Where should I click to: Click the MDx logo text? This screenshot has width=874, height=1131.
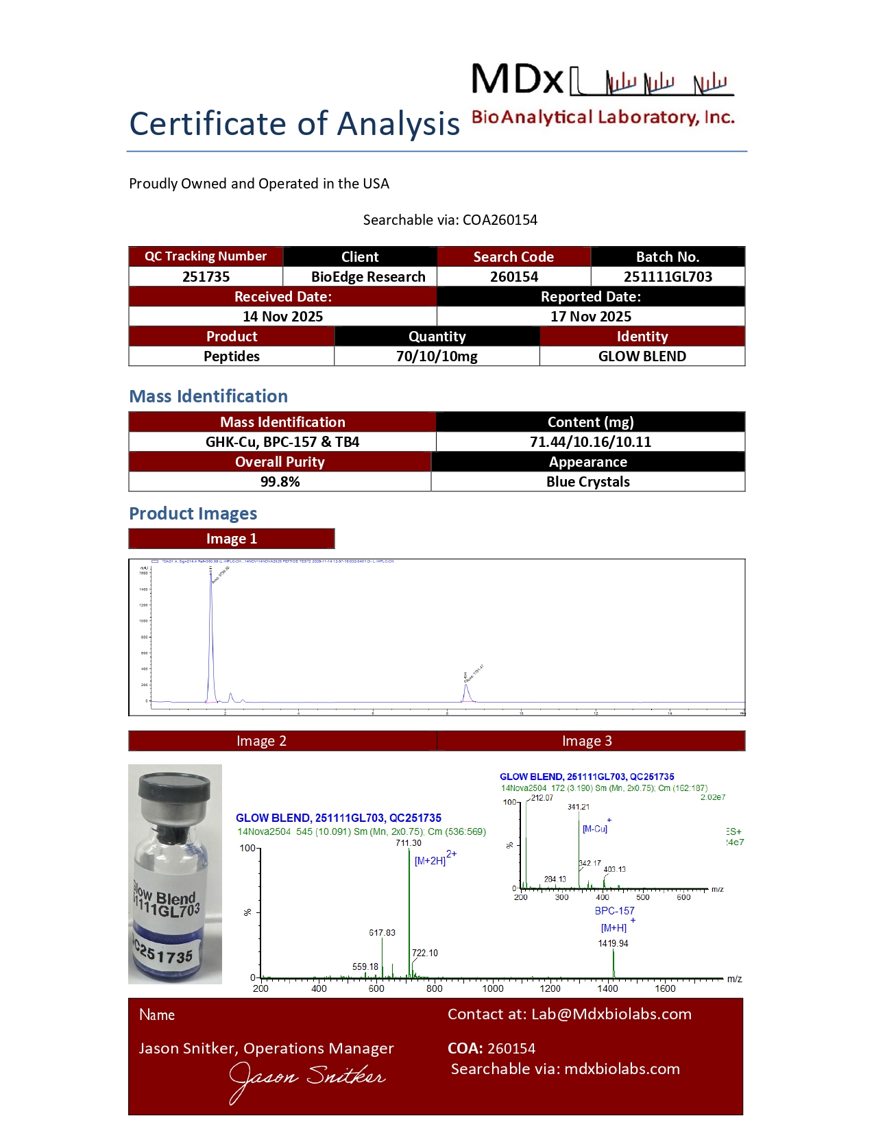pos(518,80)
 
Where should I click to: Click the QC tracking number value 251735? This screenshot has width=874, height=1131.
pos(206,277)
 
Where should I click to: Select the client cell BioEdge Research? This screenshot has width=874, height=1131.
pos(368,277)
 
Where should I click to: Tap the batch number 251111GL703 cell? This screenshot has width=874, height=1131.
pos(668,277)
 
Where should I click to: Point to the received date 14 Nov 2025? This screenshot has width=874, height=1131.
pos(282,317)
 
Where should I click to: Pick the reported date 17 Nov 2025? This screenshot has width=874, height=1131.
pos(591,317)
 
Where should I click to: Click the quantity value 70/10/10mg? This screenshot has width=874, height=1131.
pos(437,356)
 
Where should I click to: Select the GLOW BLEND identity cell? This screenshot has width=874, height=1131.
pos(642,356)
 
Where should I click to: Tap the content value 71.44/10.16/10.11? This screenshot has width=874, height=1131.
pos(590,442)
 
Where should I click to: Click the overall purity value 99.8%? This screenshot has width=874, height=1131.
pos(280,482)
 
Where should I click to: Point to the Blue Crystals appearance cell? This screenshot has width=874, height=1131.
pos(588,482)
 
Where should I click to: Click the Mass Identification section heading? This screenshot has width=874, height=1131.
pos(208,396)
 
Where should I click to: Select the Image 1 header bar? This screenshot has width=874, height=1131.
pos(232,539)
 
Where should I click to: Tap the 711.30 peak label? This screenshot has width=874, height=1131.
pos(409,843)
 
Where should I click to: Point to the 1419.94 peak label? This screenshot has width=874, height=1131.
pos(613,943)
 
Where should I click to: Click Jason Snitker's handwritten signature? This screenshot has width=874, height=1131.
pos(306,1080)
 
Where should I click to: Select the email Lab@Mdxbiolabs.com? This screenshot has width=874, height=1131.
pos(611,1014)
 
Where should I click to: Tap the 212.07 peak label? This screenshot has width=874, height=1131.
pos(542,798)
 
